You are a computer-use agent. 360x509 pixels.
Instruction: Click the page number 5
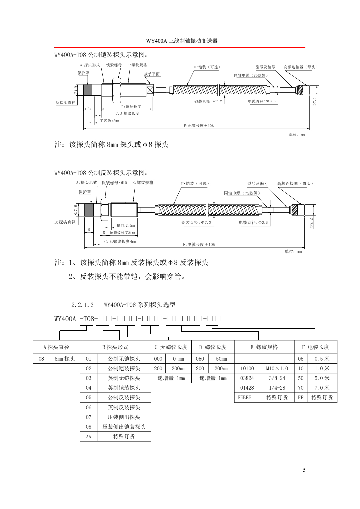(x=304, y=470)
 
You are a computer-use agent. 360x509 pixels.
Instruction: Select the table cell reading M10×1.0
(x=277, y=369)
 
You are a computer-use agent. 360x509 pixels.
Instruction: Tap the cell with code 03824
(x=247, y=378)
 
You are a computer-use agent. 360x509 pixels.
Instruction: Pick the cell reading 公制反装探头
(x=124, y=397)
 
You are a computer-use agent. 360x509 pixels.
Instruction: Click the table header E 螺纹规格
(x=264, y=347)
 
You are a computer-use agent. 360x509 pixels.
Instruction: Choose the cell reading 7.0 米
(x=322, y=388)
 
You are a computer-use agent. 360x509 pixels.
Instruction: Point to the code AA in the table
(x=88, y=437)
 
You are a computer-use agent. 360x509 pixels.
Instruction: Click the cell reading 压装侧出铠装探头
(x=124, y=427)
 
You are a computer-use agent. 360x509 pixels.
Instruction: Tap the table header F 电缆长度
(x=316, y=347)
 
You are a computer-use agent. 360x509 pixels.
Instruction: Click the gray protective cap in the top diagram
(x=88, y=90)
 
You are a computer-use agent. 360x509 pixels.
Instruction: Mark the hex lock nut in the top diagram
(x=117, y=90)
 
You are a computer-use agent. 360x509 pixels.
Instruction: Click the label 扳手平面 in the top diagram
(x=152, y=74)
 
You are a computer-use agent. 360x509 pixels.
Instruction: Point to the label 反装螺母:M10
(x=114, y=183)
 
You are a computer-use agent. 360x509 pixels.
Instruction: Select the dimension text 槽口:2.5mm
(x=126, y=225)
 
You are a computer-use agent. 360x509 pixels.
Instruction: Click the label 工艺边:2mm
(x=110, y=121)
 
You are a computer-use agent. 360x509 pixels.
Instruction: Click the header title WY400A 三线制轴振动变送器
(x=182, y=41)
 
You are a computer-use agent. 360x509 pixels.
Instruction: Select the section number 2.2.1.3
(x=83, y=305)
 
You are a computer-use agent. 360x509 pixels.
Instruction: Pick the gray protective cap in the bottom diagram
(x=89, y=210)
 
